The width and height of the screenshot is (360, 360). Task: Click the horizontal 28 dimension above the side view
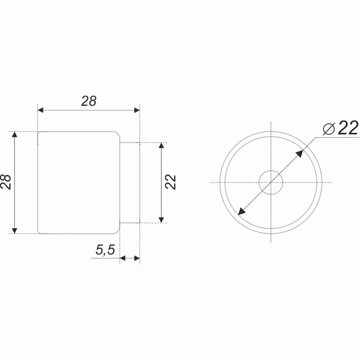(x=89, y=101)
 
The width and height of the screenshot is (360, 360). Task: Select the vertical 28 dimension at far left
(x=6, y=182)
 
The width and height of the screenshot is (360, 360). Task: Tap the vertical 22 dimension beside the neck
(x=171, y=182)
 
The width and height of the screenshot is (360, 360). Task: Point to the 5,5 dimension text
(x=105, y=250)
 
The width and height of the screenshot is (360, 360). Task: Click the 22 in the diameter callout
(x=348, y=128)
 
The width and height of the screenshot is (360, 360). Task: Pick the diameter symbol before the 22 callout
(x=329, y=129)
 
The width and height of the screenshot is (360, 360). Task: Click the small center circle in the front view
(x=271, y=182)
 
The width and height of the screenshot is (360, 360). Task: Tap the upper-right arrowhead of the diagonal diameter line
(x=300, y=153)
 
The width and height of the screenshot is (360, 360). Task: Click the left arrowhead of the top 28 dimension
(x=41, y=110)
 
